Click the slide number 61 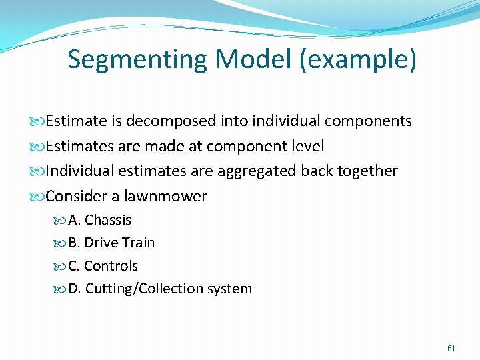[x=451, y=348]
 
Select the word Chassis [x=108, y=220]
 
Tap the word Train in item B [x=137, y=243]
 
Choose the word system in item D [x=230, y=289]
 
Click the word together [x=365, y=171]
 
